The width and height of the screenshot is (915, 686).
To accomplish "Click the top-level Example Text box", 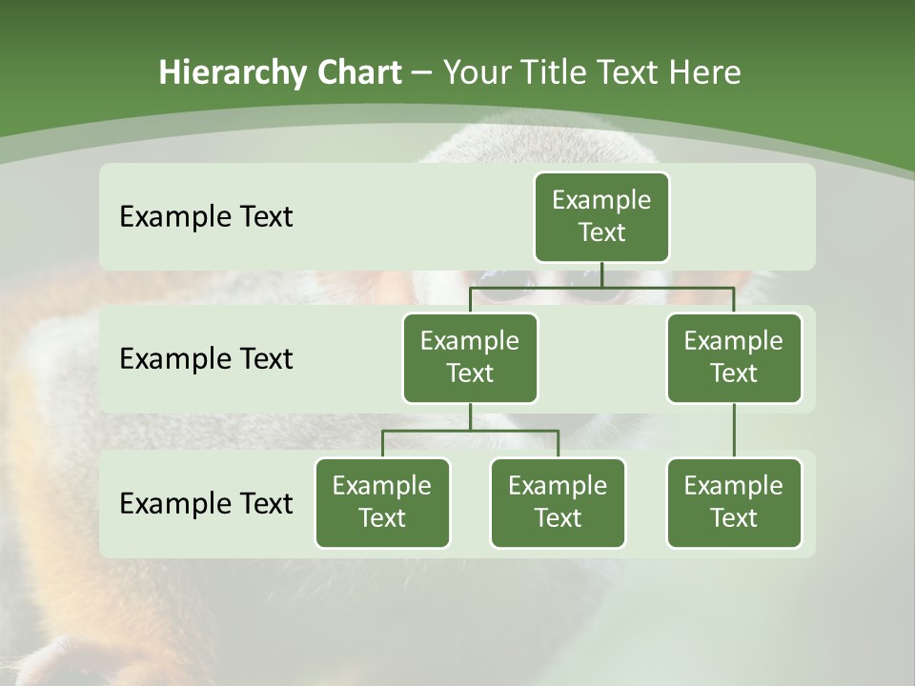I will (x=601, y=217).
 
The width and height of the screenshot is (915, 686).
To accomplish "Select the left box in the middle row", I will (x=470, y=358).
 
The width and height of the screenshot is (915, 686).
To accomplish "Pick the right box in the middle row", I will (x=734, y=358).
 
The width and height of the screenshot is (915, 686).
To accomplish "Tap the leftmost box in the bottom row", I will (x=382, y=503).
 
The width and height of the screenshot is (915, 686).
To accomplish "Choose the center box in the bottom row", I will (x=558, y=503).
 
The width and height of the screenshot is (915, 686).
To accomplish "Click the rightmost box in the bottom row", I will (x=734, y=503).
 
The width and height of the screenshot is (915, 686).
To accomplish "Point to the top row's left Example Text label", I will (x=206, y=217).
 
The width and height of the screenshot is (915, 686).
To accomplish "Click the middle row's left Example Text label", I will (x=206, y=359).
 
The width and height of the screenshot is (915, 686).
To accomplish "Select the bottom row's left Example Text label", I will (x=206, y=503).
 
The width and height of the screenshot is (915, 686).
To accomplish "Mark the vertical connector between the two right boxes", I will (x=734, y=431).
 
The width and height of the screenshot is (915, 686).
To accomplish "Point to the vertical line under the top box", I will (x=601, y=274).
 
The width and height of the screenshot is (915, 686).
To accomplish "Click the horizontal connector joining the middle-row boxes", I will (x=601, y=286).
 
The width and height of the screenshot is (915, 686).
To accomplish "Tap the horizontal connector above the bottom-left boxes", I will (x=470, y=431).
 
